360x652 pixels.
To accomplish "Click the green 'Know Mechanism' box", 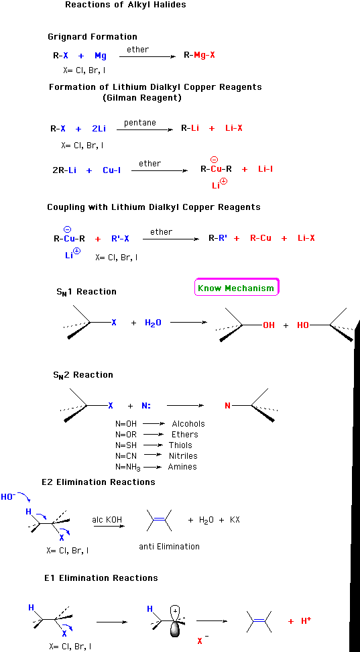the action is [x=236, y=288].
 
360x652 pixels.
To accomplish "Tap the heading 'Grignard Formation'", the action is [x=93, y=37].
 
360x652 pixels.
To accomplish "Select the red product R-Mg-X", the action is [x=199, y=55].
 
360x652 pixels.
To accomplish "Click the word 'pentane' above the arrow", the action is [x=139, y=123].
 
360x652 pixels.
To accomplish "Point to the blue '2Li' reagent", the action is [x=99, y=129].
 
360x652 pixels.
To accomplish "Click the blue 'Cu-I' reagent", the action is [x=111, y=170].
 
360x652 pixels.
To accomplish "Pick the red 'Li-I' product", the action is [x=265, y=169].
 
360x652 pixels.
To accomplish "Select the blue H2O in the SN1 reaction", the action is [x=153, y=323].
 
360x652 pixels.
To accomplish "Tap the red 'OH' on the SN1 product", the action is [x=269, y=325].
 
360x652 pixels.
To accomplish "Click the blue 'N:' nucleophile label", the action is [x=146, y=405].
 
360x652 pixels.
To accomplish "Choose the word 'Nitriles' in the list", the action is [x=183, y=456].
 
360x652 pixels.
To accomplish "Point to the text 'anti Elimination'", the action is [x=169, y=547].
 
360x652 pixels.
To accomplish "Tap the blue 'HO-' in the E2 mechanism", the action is [x=8, y=496].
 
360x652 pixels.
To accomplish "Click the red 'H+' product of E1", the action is [x=306, y=621].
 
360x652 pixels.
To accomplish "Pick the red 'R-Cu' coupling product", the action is [x=261, y=238].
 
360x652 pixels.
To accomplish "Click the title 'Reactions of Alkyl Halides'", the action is [x=125, y=5].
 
